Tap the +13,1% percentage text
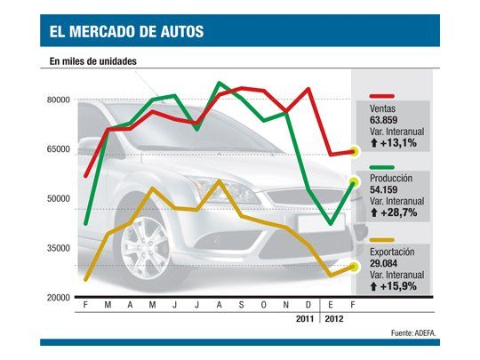coord(392,139)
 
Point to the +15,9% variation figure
coord(392,286)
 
